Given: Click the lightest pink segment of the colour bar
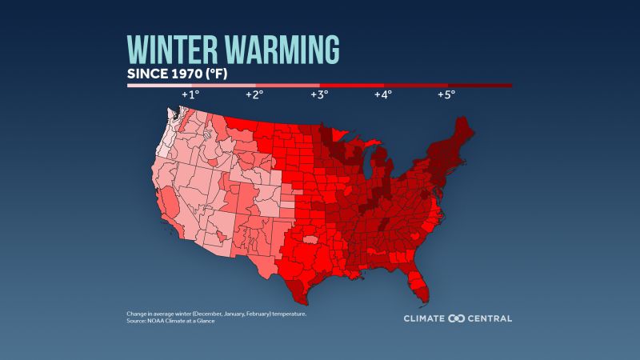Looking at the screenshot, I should pyautogui.click(x=159, y=85).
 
